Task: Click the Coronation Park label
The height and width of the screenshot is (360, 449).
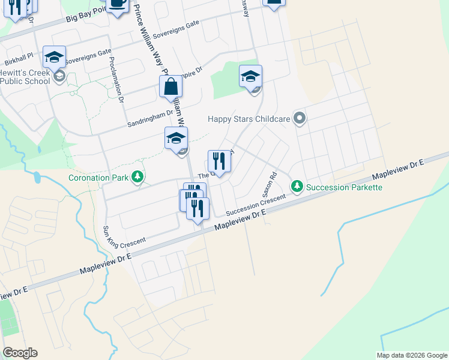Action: coord(100,178)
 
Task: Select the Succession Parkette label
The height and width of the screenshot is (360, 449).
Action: coord(344,187)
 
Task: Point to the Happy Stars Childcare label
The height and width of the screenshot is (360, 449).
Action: coord(249,119)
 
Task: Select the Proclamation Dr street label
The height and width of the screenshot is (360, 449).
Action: coord(118,81)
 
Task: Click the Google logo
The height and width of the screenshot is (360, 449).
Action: coord(20,352)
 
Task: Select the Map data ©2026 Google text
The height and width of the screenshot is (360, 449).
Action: coord(411,355)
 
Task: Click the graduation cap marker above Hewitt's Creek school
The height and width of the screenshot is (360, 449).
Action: coord(54,57)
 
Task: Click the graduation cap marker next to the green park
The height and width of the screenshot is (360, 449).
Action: coord(250,76)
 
